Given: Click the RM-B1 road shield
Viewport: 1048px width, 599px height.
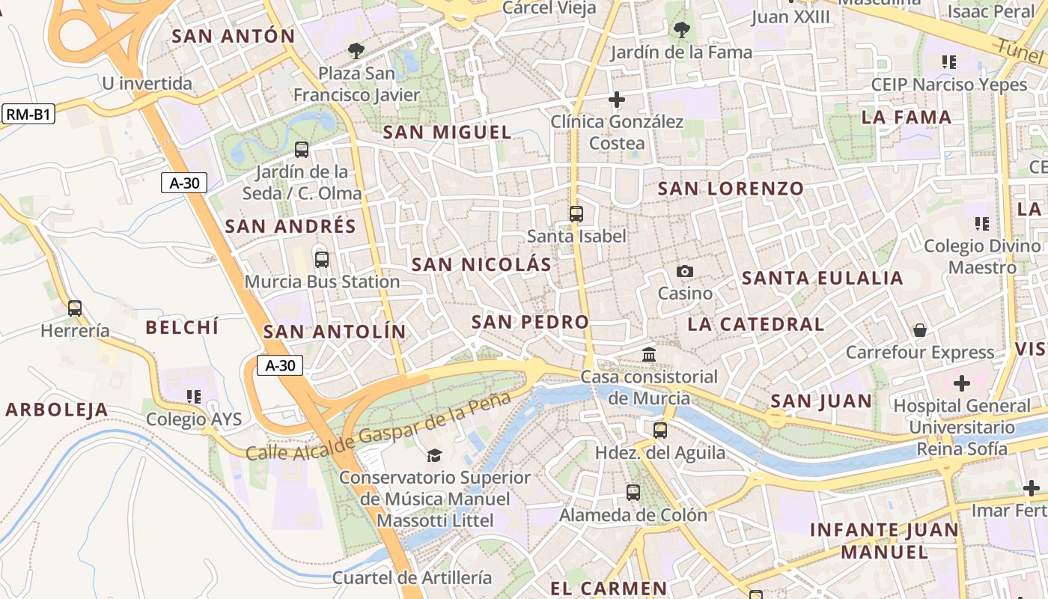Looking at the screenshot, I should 28,115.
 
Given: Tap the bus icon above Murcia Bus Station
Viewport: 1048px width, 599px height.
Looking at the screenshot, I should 322,260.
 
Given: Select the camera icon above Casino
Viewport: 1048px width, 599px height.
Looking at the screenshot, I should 684,271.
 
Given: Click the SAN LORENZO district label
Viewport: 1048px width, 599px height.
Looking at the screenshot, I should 731,189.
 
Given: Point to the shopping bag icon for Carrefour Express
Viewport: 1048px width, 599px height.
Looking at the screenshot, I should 919,330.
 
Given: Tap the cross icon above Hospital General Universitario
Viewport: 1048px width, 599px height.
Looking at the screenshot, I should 962,383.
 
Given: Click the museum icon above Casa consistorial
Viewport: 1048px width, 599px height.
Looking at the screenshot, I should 649,354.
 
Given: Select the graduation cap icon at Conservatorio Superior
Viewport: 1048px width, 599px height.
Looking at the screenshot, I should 433,455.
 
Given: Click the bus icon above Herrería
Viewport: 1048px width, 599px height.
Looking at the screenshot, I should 75,308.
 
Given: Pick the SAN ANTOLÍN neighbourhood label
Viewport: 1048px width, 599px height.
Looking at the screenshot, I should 335,332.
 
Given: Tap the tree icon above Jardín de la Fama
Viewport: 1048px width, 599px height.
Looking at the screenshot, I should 681,30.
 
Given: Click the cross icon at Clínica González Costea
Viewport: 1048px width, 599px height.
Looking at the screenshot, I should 617,99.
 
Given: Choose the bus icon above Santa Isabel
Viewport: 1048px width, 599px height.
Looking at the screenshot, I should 576,214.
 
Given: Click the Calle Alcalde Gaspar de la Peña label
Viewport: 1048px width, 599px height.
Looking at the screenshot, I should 372,430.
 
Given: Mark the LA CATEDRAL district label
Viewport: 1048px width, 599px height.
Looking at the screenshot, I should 755,324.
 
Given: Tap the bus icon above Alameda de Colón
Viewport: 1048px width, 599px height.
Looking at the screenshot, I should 633,493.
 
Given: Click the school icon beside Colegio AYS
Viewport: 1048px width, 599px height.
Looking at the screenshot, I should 194,396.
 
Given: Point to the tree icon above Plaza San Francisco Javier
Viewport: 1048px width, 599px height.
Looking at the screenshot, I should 356,51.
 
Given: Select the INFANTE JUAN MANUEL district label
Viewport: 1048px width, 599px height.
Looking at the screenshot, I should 884,541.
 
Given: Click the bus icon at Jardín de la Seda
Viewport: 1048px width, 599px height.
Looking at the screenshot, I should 302,150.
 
